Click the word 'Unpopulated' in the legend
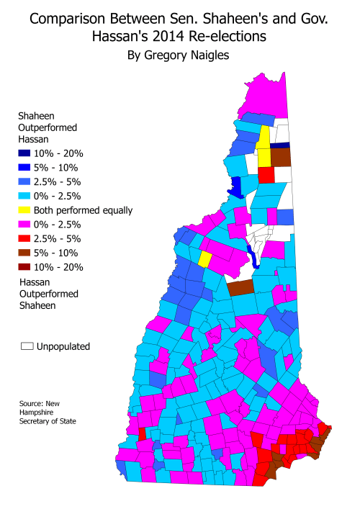coord(65,346)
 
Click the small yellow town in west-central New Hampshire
coord(205,258)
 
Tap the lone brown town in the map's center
coord(240,287)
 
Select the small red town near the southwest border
coord(142,434)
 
